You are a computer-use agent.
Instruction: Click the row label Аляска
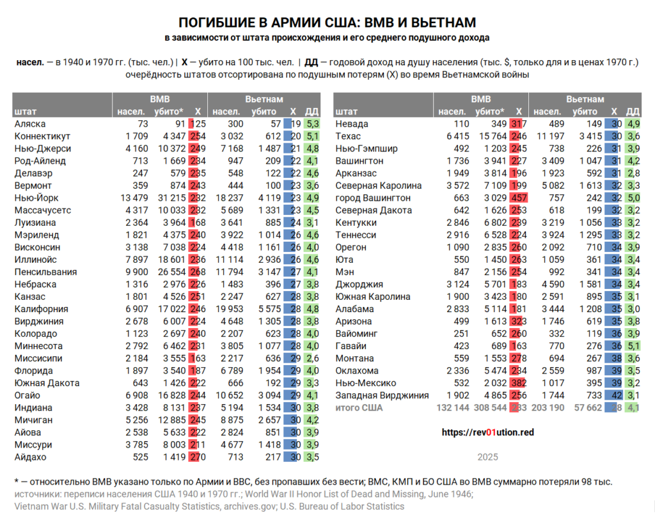click(29, 124)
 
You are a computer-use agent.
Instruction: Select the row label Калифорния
click(42, 309)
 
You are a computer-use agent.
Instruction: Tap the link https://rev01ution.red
click(487, 432)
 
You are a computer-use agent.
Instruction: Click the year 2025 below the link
click(487, 457)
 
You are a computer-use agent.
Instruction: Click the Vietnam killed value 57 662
click(587, 408)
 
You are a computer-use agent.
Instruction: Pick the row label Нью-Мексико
click(367, 383)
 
